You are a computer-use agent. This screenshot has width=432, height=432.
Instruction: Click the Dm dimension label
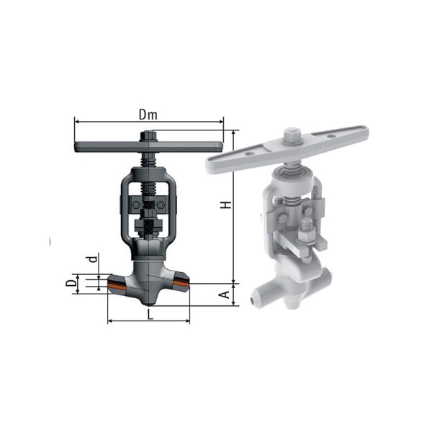click(148, 114)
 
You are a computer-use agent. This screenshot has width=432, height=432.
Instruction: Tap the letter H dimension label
click(225, 204)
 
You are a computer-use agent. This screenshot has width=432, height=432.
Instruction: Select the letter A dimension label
click(225, 294)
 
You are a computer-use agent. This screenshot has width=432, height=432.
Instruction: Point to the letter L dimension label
click(150, 315)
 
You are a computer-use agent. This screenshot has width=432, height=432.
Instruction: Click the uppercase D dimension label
click(71, 283)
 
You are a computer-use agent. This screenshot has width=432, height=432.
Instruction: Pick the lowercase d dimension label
click(94, 259)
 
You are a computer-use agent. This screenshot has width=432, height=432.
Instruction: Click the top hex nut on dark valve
click(148, 135)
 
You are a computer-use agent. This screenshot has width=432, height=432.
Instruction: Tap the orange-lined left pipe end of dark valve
click(117, 284)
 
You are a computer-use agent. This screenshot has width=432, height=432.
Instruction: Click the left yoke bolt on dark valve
click(135, 204)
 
